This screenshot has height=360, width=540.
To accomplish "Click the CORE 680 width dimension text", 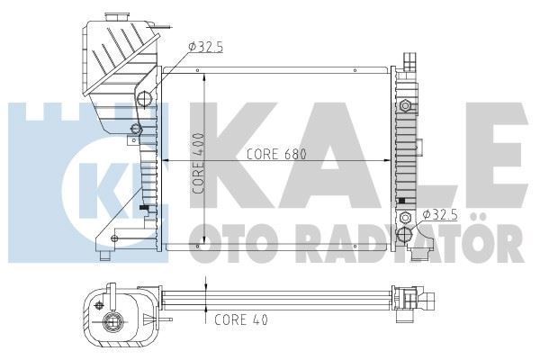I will click(276, 154).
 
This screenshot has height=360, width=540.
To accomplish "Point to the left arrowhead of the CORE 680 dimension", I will click(165, 163).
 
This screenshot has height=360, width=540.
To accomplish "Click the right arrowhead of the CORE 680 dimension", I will click(390, 163).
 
